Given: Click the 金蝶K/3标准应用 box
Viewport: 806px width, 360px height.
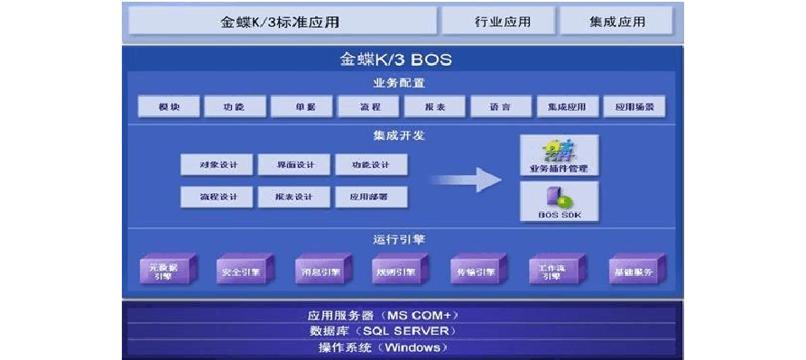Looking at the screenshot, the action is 283,21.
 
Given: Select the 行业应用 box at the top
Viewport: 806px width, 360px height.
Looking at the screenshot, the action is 498,21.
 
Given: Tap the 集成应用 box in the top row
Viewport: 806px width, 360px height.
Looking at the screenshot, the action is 616,21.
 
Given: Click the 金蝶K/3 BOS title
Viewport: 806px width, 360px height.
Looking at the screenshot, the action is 395,60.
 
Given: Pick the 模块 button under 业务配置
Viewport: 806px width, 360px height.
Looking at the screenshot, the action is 168,107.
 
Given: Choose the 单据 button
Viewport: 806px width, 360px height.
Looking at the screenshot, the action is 305,107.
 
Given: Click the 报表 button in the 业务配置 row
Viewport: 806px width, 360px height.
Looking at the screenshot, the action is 434,107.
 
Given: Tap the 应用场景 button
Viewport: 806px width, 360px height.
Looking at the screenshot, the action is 635,107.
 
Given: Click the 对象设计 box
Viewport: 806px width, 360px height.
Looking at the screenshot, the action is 217,165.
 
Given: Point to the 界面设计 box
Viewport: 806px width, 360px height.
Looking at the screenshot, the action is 293,165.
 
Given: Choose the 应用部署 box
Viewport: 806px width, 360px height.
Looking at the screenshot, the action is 370,197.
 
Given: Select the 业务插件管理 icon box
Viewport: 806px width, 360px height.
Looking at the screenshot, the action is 558,156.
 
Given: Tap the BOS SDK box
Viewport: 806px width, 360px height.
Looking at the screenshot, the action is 558,202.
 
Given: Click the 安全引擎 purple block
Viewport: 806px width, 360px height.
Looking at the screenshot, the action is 239,271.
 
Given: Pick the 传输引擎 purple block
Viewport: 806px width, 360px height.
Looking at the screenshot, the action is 473,271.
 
